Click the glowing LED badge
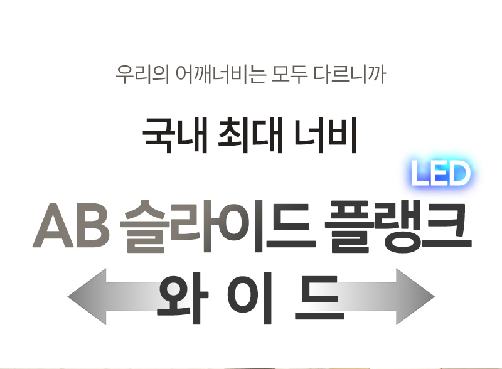[441, 174]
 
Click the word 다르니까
[353, 75]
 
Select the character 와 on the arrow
[183, 296]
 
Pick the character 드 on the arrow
[319, 296]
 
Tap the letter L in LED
[421, 174]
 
